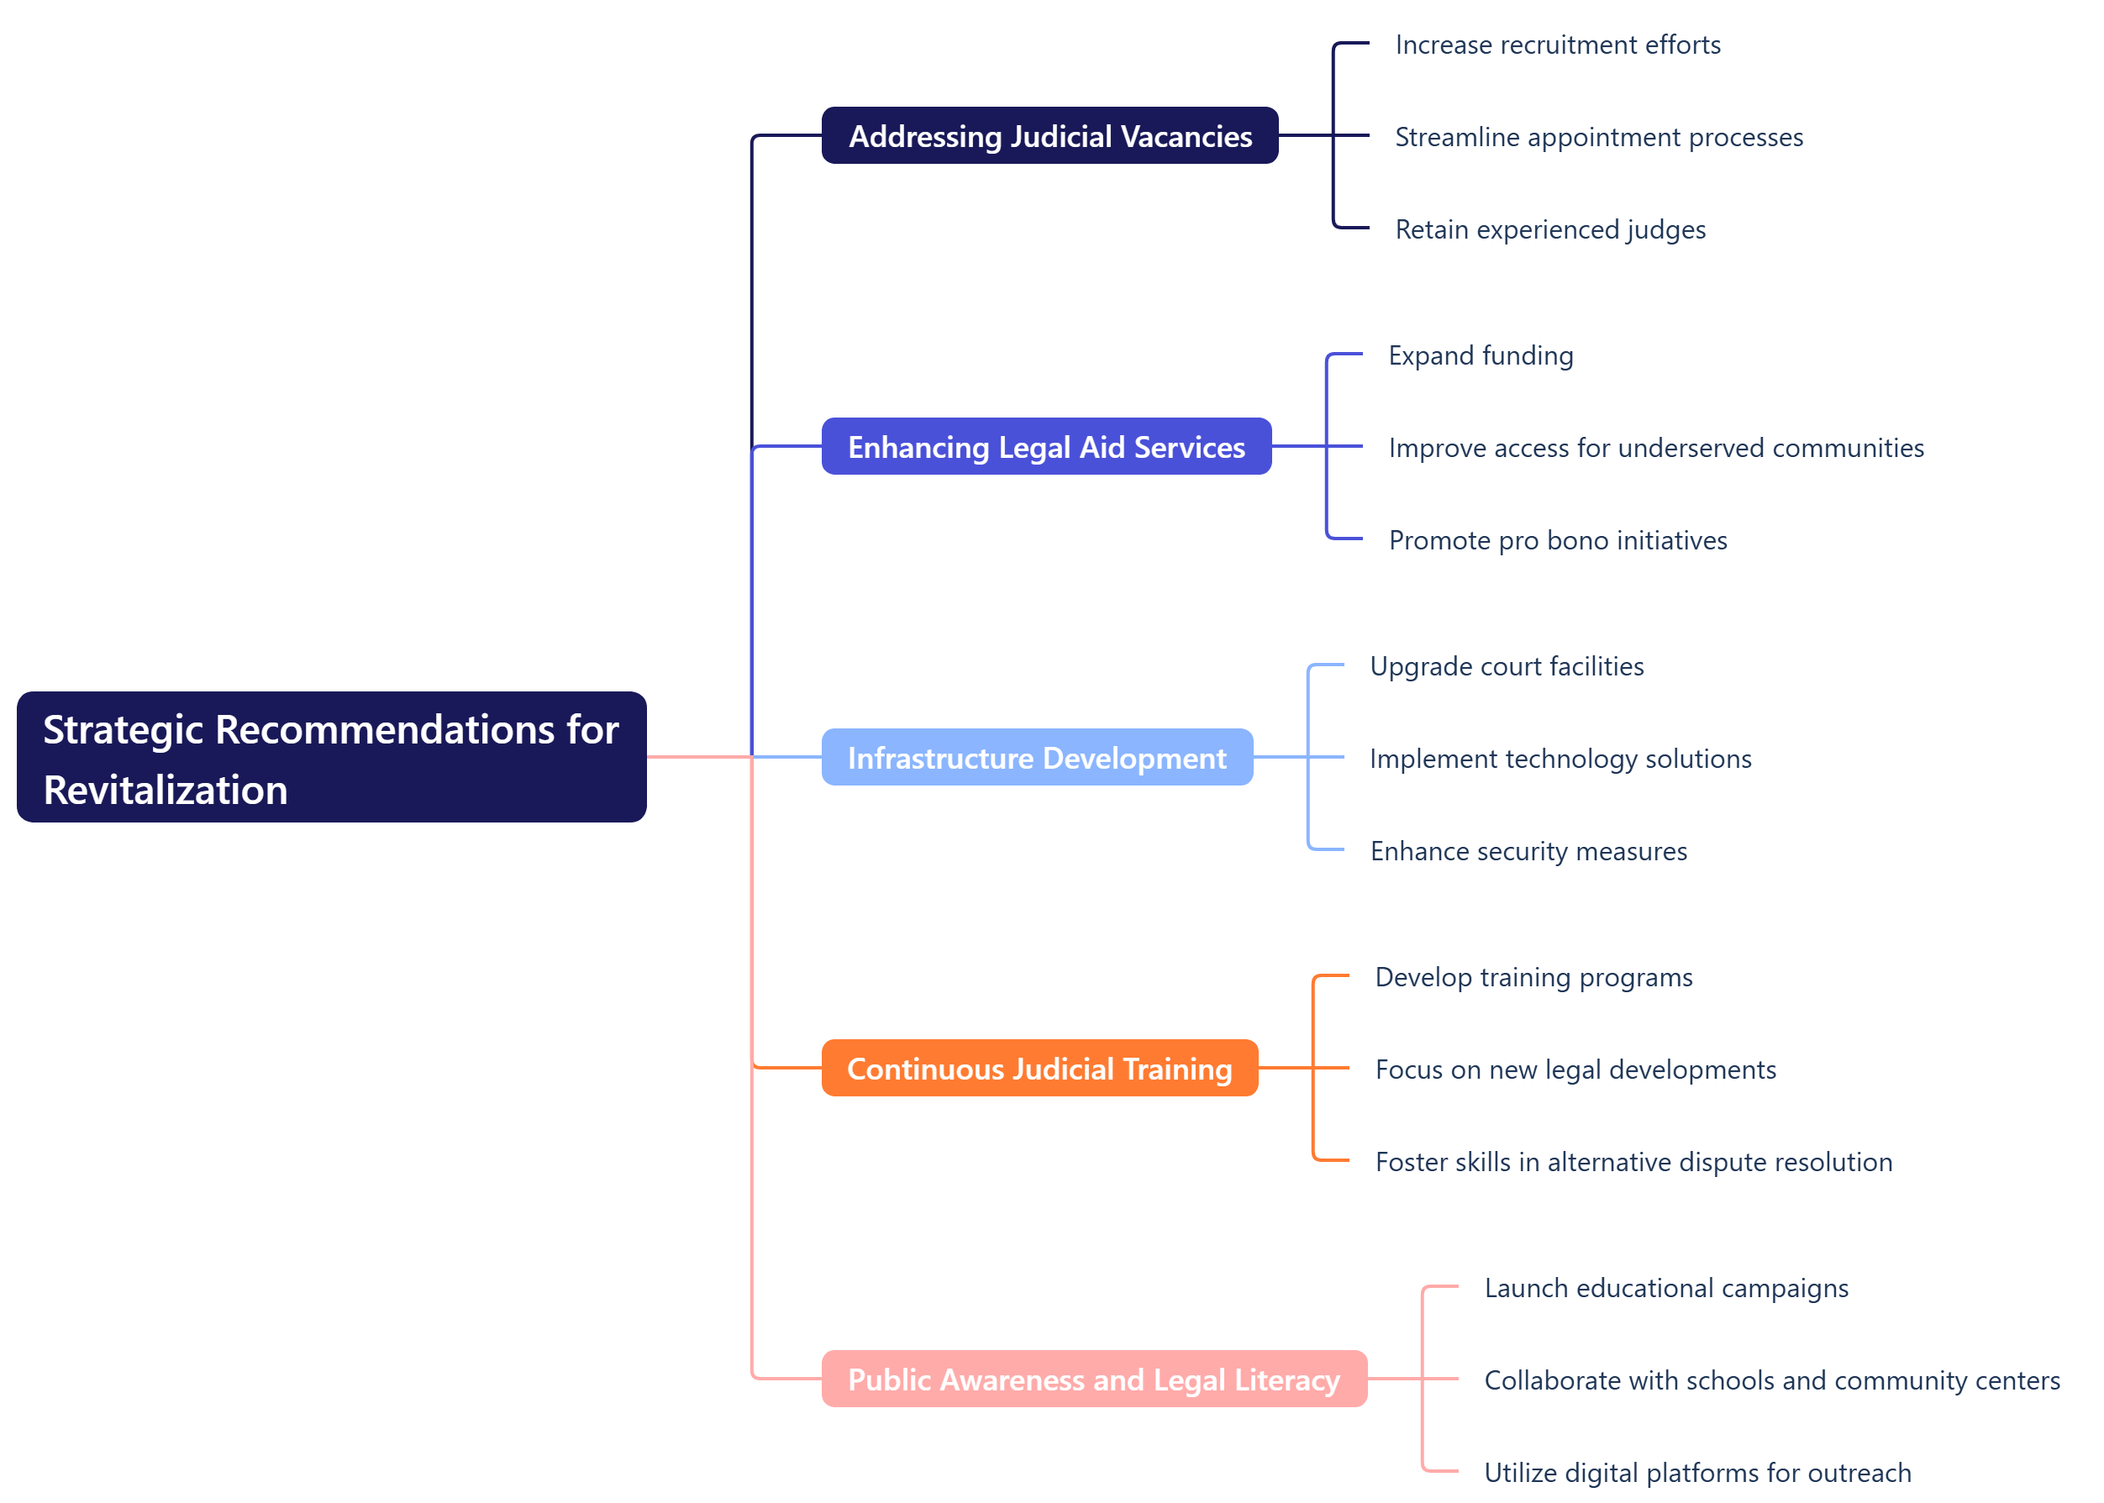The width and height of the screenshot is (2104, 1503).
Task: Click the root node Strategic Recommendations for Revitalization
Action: (x=330, y=756)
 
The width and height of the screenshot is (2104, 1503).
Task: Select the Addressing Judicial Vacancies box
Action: (x=1049, y=136)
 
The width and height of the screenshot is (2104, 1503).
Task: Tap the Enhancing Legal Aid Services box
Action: (x=1046, y=446)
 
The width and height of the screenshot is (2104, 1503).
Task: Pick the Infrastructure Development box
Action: (x=1037, y=757)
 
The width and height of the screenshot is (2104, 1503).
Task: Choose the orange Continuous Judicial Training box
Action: (x=1039, y=1068)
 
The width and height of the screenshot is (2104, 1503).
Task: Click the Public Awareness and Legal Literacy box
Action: (x=1093, y=1379)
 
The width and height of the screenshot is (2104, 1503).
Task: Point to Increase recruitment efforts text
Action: (x=1557, y=45)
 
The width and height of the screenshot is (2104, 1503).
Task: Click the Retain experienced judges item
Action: (x=1549, y=229)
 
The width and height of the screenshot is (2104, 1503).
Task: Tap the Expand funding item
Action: (x=1481, y=355)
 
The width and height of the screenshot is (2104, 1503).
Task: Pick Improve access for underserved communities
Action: (x=1655, y=448)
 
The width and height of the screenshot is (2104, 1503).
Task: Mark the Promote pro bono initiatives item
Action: (x=1557, y=540)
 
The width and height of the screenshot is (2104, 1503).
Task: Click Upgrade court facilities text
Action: (x=1506, y=666)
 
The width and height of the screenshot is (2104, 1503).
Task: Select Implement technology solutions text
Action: (x=1560, y=759)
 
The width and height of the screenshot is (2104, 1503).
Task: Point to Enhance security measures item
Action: (x=1528, y=851)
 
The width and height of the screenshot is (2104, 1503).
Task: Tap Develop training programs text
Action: (x=1533, y=977)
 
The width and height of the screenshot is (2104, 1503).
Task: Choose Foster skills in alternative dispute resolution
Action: (x=1633, y=1163)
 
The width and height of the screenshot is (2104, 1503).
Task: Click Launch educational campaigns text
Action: (x=1665, y=1288)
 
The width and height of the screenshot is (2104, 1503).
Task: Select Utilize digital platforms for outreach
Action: (x=1696, y=1473)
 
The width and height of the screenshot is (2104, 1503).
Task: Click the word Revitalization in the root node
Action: (x=166, y=790)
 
